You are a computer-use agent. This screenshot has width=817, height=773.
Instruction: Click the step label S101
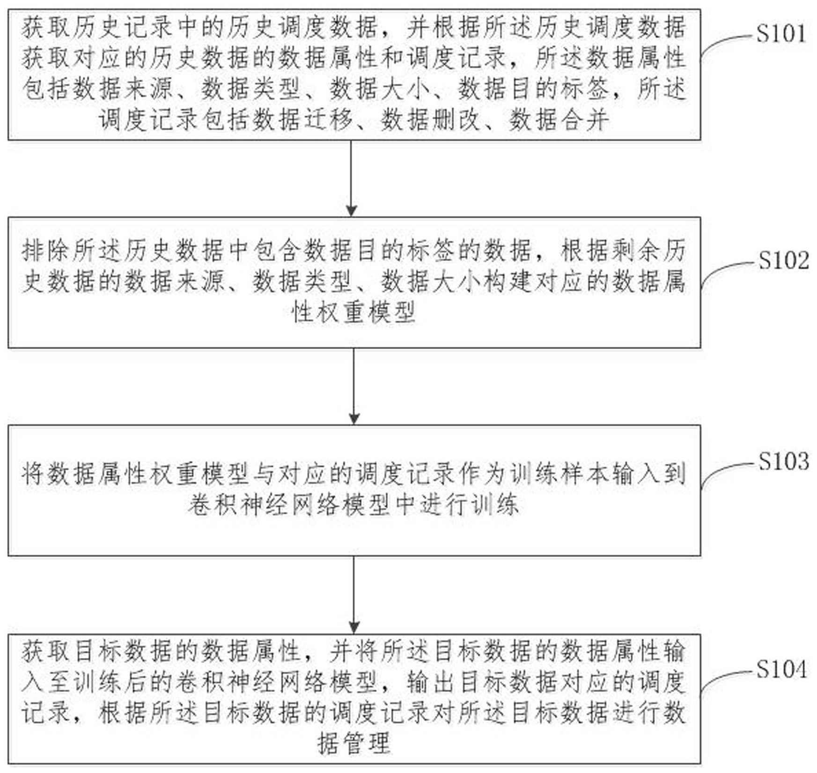(781, 34)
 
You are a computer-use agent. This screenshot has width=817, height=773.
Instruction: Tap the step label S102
(783, 260)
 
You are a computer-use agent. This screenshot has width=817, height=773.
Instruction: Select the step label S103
(783, 461)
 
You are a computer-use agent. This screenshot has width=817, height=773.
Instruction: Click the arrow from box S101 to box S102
(351, 178)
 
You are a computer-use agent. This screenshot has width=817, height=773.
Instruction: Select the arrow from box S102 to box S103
(354, 386)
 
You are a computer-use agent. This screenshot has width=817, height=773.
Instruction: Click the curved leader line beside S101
(726, 45)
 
